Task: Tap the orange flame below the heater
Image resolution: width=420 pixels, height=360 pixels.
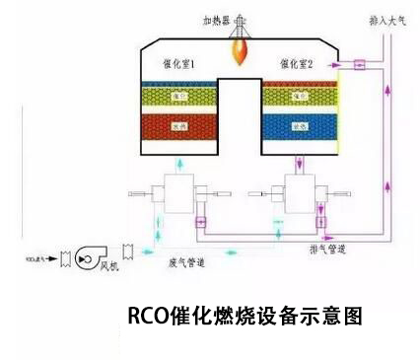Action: point(241,47)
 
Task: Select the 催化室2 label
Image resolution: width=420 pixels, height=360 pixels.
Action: point(296,63)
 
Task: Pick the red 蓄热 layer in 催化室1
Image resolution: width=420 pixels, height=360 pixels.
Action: point(178,127)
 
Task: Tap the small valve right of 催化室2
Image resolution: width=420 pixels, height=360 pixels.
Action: point(360,65)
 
